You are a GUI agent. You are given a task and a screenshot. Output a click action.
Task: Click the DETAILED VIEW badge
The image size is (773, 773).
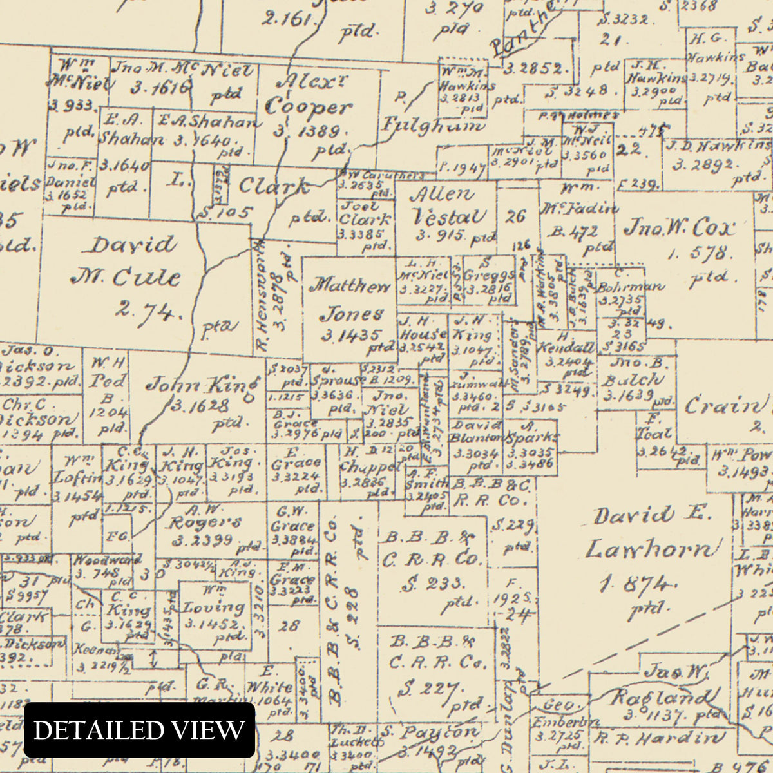click(139, 730)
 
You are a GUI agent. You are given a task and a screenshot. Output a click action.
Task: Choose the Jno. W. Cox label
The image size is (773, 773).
click(679, 229)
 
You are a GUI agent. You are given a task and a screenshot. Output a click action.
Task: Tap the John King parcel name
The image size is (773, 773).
click(201, 386)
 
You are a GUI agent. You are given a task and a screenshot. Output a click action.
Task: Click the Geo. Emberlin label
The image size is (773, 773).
click(558, 713)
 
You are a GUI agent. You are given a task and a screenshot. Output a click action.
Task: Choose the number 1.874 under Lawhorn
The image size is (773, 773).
click(635, 584)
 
